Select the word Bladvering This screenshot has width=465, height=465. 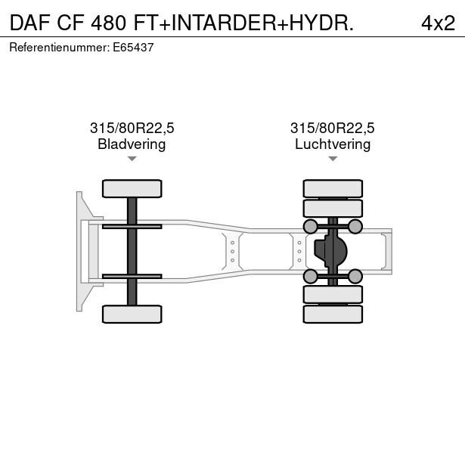(x=132, y=144)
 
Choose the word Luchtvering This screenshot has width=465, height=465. (x=333, y=144)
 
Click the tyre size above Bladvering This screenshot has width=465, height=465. (x=132, y=128)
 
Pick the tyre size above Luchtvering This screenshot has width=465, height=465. (x=333, y=128)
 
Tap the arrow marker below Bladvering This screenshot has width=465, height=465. (x=132, y=159)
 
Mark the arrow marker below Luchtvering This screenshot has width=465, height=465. (x=333, y=159)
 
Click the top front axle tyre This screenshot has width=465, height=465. (x=132, y=188)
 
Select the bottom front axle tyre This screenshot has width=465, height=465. (x=132, y=314)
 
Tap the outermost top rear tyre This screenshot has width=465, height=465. (x=333, y=188)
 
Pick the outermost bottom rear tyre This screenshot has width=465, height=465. (x=333, y=315)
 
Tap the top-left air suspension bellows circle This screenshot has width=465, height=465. (x=310, y=227)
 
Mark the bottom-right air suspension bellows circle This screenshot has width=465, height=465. (x=355, y=275)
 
